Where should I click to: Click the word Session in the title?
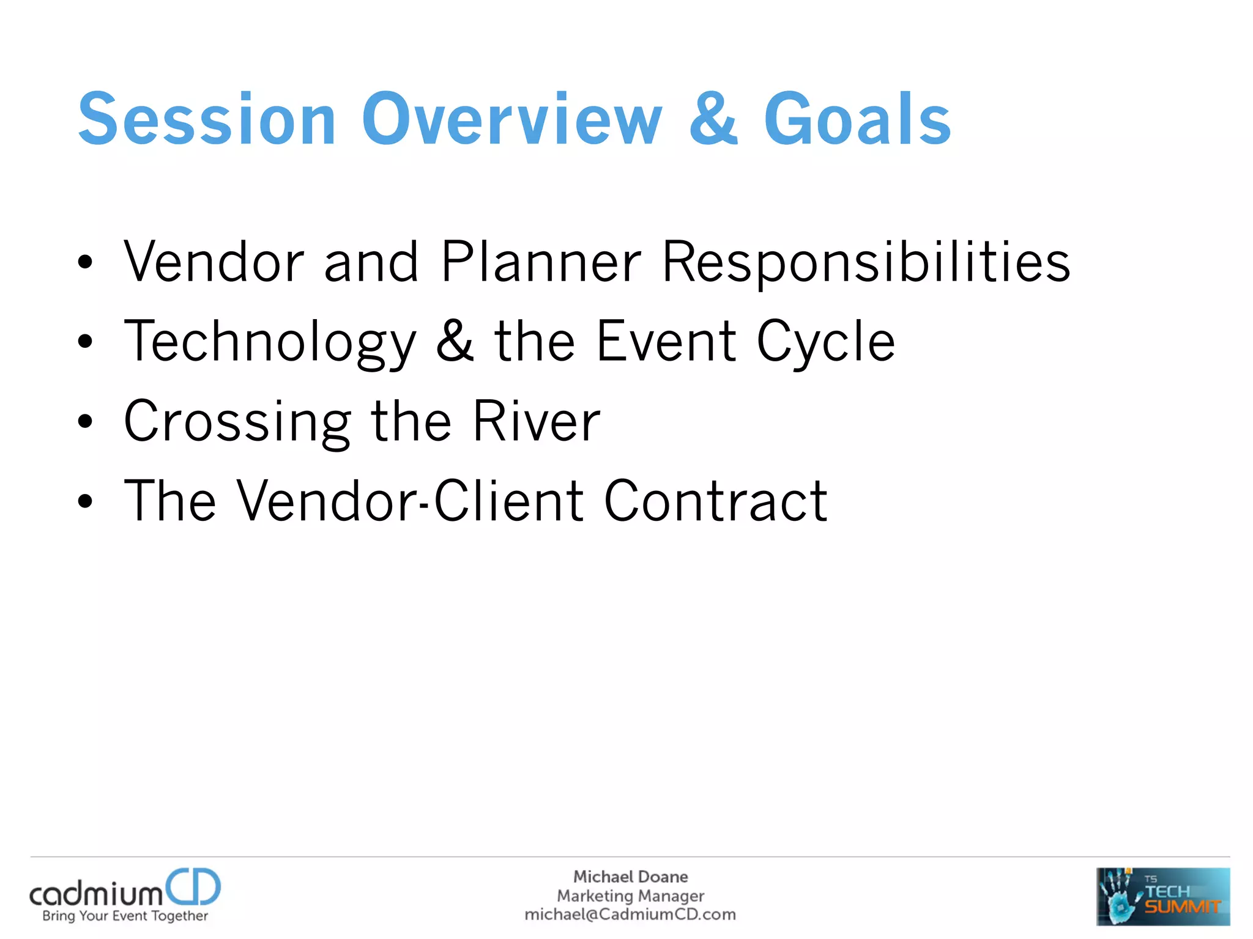(207, 119)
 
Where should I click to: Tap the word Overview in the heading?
(512, 119)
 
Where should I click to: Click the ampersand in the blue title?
(713, 119)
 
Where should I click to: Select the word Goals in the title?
(857, 119)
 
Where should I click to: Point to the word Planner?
(541, 262)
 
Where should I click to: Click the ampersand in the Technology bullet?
(455, 341)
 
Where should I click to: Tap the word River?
(537, 421)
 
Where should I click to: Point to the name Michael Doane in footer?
(630, 877)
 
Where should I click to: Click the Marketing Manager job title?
(630, 896)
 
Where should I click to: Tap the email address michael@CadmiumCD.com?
(630, 915)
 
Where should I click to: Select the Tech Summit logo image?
(1162, 896)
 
